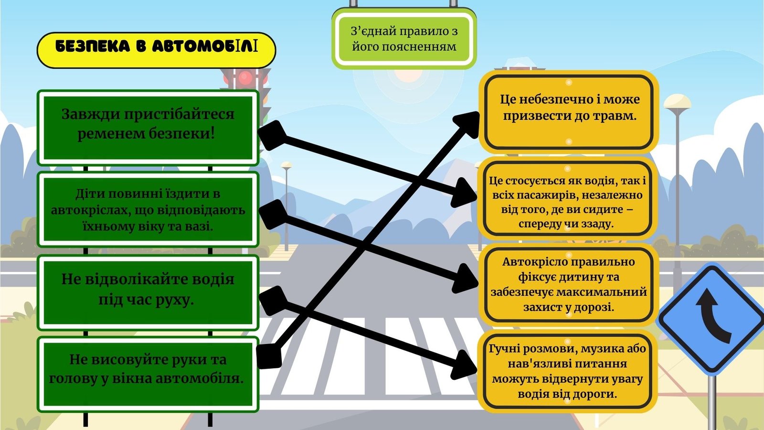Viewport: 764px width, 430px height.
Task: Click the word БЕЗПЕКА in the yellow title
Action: point(93,47)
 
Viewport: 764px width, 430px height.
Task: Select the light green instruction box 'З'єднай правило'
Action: point(404,39)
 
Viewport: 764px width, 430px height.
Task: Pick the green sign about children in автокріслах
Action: point(148,209)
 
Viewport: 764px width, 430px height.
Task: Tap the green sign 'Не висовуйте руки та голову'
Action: point(148,375)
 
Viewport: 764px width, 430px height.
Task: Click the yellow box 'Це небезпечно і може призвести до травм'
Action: point(569,112)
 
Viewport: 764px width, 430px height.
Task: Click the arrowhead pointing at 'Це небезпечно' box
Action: point(467,124)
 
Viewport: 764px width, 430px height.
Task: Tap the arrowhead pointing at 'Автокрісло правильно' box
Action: point(465,278)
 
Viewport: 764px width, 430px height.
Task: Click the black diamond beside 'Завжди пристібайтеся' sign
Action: point(272,135)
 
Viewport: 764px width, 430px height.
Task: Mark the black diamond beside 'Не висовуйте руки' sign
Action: point(269,355)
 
